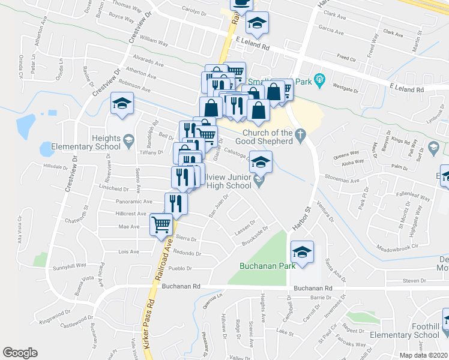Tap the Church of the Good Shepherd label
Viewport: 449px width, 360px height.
(276, 137)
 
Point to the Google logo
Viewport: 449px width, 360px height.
(20, 353)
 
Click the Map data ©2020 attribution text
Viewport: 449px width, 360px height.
(424, 355)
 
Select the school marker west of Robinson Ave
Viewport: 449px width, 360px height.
(122, 103)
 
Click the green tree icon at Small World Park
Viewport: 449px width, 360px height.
(319, 79)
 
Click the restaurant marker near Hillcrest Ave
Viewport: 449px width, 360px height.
(176, 203)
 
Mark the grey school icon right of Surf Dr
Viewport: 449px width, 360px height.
(434, 148)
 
